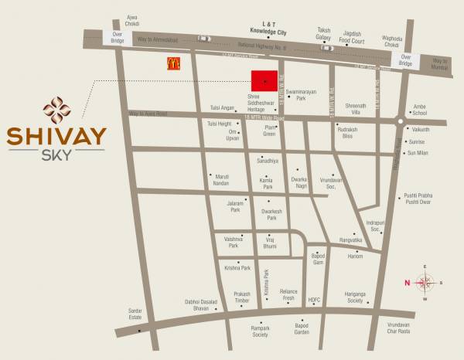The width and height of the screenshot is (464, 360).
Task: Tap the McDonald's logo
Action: click(x=170, y=64)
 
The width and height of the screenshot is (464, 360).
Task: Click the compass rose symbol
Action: click(x=425, y=282)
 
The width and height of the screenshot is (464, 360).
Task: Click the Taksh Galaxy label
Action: click(x=323, y=34)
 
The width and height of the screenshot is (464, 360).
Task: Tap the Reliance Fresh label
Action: click(x=288, y=294)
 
